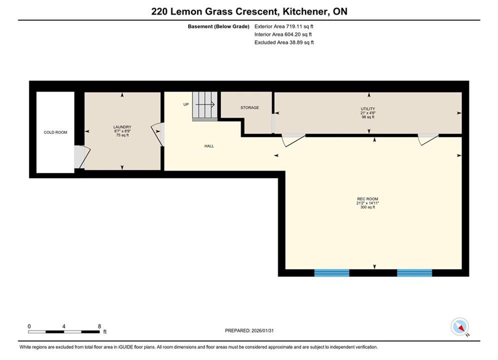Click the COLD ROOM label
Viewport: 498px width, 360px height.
(x=56, y=132)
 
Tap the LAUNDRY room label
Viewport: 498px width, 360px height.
(x=122, y=127)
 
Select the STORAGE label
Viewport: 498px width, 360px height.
(x=250, y=107)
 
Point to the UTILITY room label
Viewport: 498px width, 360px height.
(x=368, y=109)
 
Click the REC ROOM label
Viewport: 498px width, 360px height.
(x=368, y=199)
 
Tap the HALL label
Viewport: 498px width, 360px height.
(x=209, y=146)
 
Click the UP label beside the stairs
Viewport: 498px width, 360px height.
(x=186, y=104)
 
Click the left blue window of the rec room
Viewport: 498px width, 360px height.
(x=332, y=273)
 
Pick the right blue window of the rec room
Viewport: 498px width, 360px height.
(x=414, y=273)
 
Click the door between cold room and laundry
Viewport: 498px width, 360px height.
(x=82, y=156)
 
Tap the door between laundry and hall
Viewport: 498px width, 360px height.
(x=158, y=134)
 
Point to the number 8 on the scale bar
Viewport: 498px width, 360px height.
(x=100, y=326)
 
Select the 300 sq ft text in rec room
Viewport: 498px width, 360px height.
(x=368, y=207)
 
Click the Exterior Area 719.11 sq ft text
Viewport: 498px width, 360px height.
(x=284, y=26)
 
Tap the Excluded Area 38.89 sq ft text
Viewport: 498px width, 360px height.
(x=284, y=42)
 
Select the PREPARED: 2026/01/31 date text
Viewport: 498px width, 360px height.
(x=249, y=330)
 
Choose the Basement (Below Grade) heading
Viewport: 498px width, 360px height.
(x=219, y=26)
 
